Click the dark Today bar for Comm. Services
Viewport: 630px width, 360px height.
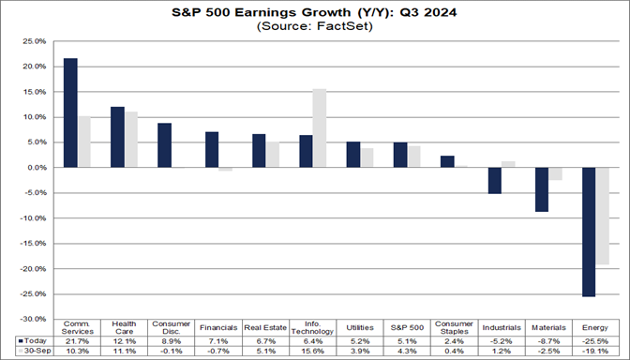click(69, 112)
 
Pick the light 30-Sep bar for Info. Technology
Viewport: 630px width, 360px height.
click(319, 128)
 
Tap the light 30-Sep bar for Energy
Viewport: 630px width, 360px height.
click(602, 216)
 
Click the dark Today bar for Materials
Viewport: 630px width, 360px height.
click(541, 189)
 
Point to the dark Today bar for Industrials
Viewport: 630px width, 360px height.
click(494, 180)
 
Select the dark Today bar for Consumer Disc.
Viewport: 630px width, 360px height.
click(164, 145)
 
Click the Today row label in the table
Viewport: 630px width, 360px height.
click(32, 340)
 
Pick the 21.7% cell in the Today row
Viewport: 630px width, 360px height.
click(77, 340)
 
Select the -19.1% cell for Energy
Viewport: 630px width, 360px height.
click(595, 351)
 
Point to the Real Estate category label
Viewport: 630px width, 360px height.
click(265, 327)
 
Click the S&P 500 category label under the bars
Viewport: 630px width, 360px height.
click(407, 327)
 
